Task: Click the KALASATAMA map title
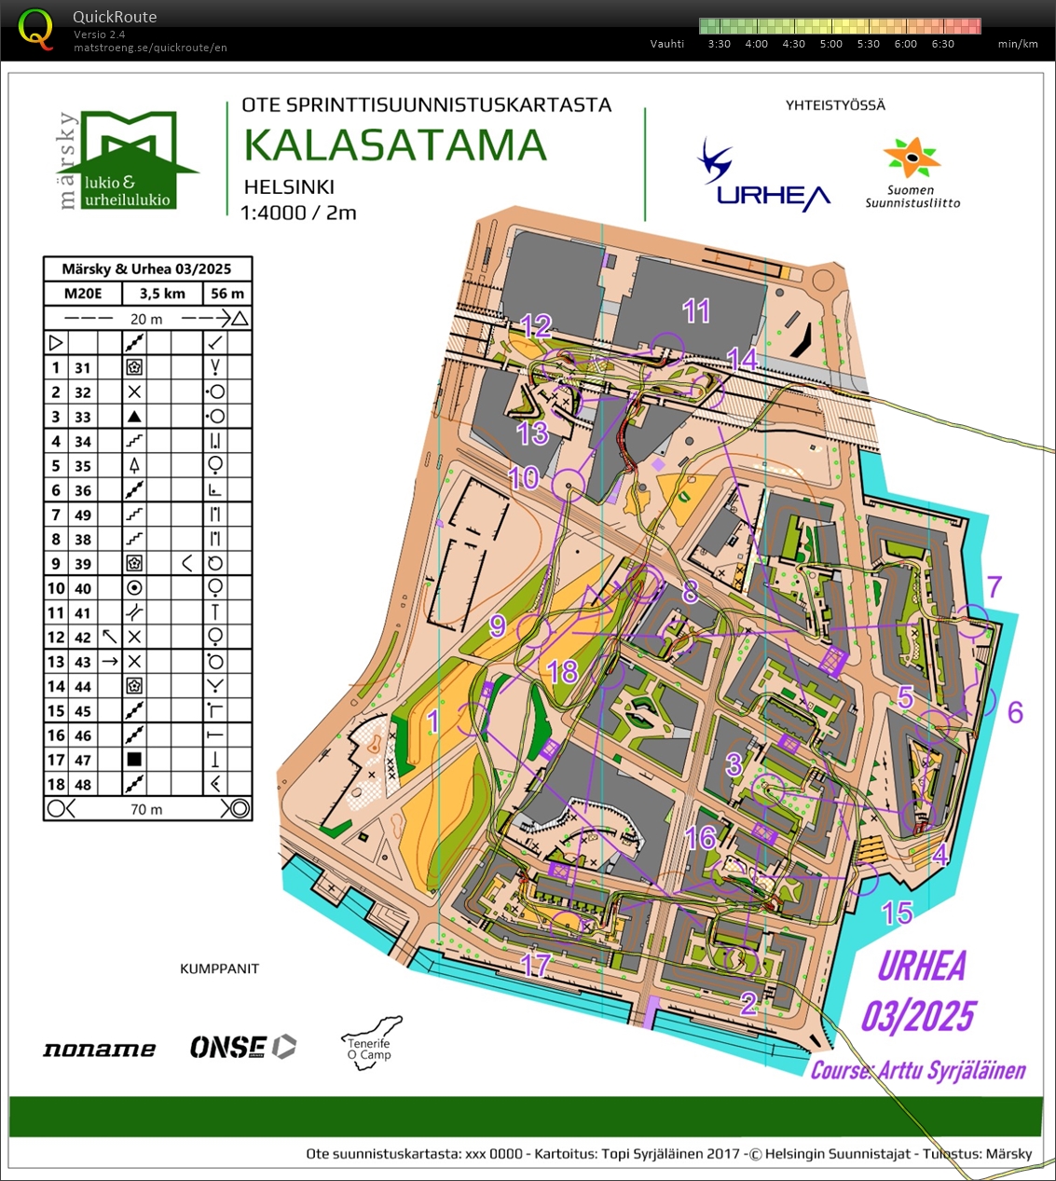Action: pos(395,145)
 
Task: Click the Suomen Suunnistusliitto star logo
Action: pos(912,159)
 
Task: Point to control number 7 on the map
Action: pos(994,586)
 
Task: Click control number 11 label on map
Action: pos(696,310)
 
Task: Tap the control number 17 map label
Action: pos(536,965)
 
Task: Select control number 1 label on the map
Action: pos(432,721)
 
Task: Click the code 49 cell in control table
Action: pos(83,515)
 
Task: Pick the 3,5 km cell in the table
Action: pos(162,294)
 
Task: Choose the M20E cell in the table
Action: pos(82,294)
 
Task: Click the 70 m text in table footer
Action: pos(145,809)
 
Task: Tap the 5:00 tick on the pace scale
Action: pos(830,44)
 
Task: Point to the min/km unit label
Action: pos(1017,44)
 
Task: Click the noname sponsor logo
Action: pos(99,1050)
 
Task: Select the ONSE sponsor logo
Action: pos(242,1048)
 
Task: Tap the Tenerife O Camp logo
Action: pos(371,1045)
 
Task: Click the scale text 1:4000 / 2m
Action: pos(298,213)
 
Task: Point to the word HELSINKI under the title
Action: pos(289,186)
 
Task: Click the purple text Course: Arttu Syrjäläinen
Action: pos(918,1071)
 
